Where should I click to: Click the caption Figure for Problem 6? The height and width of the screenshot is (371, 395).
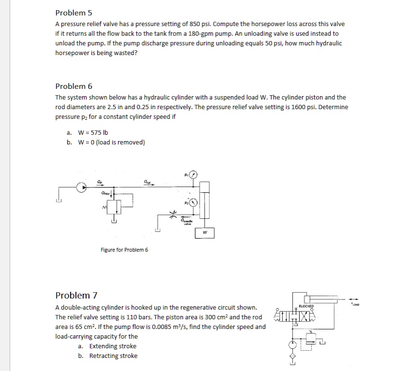tap(124, 250)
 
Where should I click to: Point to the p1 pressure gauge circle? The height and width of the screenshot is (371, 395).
tap(194, 174)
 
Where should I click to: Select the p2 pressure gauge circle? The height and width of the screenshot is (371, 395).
tap(193, 203)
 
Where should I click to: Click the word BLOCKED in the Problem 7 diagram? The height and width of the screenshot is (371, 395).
tap(306, 306)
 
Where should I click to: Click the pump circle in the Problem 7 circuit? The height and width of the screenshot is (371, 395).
tap(293, 345)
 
